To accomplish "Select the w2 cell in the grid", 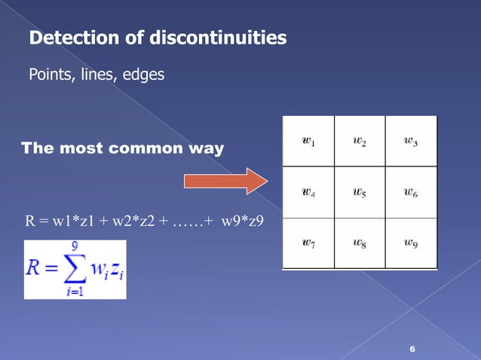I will tap(359, 142).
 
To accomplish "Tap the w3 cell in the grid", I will tap(411, 142).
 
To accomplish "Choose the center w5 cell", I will tap(359, 192).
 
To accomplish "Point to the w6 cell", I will tap(411, 192).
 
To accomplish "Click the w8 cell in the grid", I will tap(359, 243).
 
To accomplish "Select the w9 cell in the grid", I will tap(411, 243).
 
